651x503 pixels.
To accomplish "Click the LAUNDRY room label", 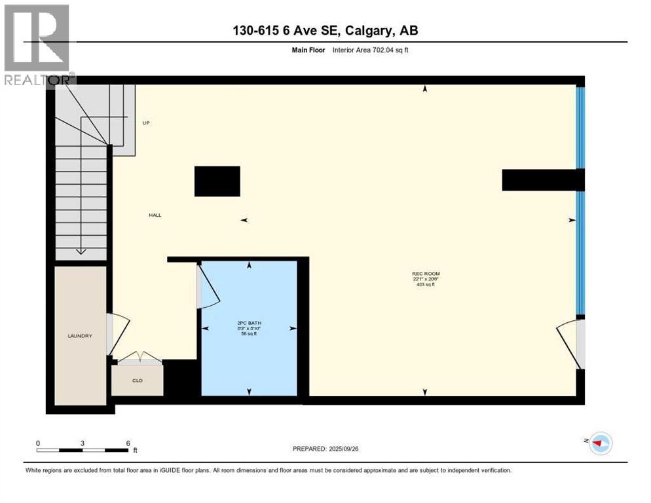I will coord(80,336).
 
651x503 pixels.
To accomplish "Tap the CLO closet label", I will coord(137,380).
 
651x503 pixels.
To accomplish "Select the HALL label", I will coord(155,215).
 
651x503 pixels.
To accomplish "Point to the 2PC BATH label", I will coord(248,322).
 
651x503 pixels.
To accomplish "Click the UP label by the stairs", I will coord(146,122).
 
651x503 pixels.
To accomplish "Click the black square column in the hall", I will coord(217,181).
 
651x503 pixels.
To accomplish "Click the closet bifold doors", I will coord(137,358).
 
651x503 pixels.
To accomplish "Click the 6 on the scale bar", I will coord(128,443).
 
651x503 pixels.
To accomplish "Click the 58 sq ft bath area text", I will coord(248,333).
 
